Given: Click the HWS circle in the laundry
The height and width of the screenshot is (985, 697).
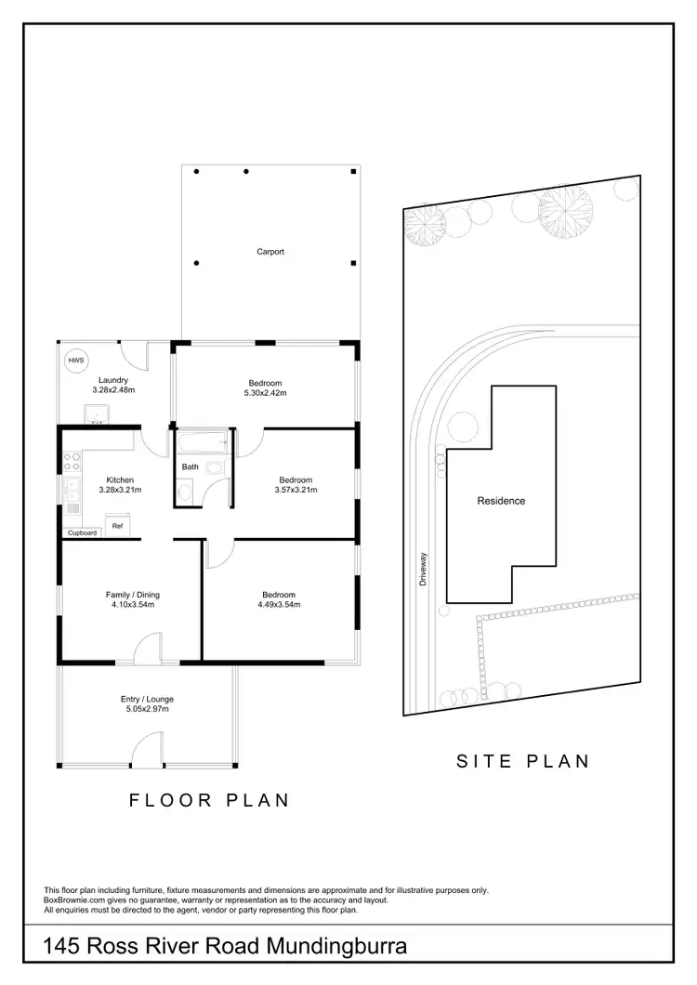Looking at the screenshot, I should point(73,361).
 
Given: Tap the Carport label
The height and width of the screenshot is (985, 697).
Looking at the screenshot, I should point(270,252).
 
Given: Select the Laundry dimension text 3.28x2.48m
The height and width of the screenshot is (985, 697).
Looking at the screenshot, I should point(113,390).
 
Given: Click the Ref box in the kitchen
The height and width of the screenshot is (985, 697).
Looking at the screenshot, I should point(117,526).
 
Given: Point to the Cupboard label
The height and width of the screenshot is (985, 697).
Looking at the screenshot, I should point(82,533).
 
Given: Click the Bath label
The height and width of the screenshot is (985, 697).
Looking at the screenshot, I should point(190,466).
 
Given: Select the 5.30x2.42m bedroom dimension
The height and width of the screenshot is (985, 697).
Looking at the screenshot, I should point(265,393).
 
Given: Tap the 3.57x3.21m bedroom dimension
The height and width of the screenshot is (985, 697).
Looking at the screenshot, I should point(296,490).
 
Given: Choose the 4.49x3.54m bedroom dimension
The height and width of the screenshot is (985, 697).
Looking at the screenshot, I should point(279,605).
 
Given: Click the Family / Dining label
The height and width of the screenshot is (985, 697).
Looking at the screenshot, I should point(129,594).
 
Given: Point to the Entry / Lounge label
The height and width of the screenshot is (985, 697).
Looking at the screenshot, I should point(147,699).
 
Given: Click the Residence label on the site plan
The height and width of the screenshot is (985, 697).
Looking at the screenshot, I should point(501,501).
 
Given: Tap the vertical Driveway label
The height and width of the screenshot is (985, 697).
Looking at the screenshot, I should point(422,566).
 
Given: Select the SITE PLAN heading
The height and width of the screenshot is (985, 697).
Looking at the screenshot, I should point(523,761).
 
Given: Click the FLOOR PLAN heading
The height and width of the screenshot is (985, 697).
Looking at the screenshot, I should point(208,799).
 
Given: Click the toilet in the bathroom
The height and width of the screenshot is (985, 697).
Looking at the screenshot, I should point(216,468).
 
